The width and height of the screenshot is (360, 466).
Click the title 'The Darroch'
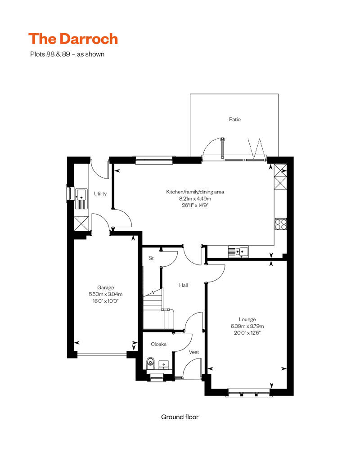[x=73, y=39]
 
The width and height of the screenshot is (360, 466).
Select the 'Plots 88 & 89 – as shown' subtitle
[x=67, y=54]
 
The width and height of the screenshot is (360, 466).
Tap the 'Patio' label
[x=234, y=120]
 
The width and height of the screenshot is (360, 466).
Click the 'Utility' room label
[x=100, y=194]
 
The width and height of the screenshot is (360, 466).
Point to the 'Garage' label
[x=106, y=288]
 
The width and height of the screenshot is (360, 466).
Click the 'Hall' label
[x=183, y=285]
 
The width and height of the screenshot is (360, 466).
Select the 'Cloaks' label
[x=158, y=344]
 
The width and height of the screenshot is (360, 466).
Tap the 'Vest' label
[x=194, y=352]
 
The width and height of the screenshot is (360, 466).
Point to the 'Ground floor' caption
[x=180, y=417]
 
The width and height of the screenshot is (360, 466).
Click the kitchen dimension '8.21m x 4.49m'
[x=195, y=198]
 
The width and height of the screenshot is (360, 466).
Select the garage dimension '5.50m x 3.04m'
[x=106, y=295]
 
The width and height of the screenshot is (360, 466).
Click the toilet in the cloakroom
[x=151, y=362]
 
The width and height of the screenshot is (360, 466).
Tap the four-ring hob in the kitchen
[x=280, y=224]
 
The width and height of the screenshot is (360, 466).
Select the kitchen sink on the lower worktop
[x=238, y=251]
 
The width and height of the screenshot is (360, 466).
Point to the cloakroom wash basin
[x=164, y=364]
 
